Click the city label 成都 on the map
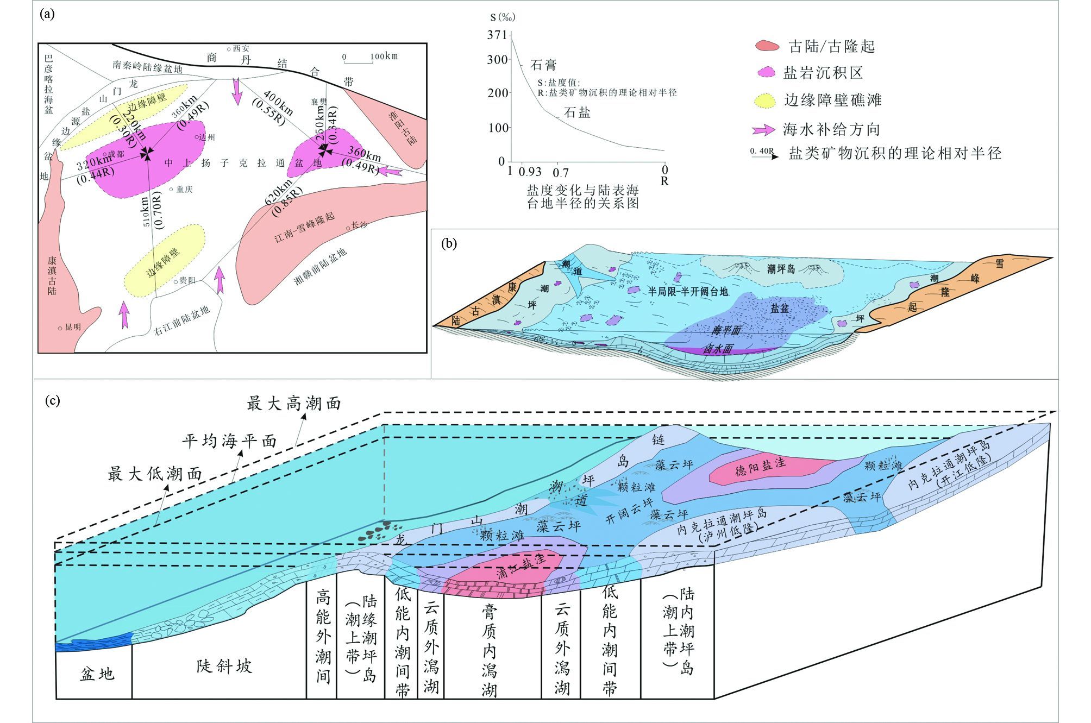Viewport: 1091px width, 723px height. (115, 154)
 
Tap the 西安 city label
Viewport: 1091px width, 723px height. (241, 48)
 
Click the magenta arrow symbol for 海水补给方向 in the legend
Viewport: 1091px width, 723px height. (763, 130)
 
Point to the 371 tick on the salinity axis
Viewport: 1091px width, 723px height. (497, 35)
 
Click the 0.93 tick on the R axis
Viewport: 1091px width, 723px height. (530, 172)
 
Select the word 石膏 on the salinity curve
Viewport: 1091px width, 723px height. (544, 65)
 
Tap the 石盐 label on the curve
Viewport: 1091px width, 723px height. (577, 112)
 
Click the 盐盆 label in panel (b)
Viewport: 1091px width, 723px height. (780, 308)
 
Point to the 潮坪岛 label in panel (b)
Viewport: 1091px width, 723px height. (781, 269)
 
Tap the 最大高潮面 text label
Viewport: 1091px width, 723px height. (294, 404)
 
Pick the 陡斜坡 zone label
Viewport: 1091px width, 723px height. (224, 666)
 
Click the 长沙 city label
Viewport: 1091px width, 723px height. (359, 224)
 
